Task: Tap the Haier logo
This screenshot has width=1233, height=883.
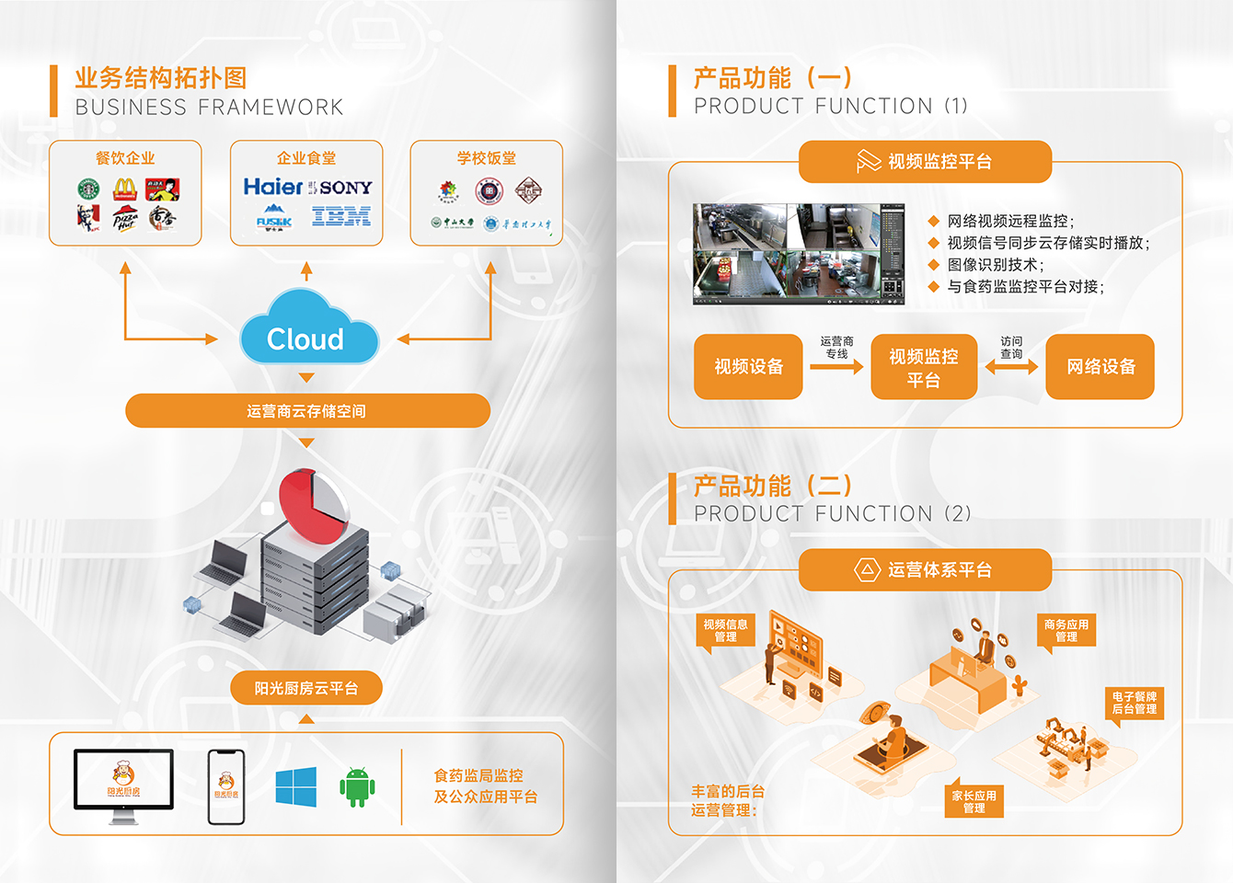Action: click(272, 187)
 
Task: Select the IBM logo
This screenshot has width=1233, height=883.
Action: click(341, 217)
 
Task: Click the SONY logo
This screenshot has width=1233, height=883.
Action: click(346, 188)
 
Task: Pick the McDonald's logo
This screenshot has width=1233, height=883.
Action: click(125, 189)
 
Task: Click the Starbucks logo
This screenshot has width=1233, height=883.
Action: click(88, 189)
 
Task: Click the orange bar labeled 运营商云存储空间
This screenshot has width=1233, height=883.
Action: click(307, 411)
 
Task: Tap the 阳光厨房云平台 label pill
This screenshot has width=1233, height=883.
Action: click(305, 688)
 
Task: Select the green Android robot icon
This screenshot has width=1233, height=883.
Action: click(357, 787)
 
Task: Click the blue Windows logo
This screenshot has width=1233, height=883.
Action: click(296, 787)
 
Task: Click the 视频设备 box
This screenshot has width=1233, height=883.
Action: click(748, 367)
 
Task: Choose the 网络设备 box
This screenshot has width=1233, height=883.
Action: click(1100, 367)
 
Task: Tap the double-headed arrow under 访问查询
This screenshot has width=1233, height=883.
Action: click(1011, 367)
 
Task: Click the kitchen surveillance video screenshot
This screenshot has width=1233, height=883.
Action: click(798, 254)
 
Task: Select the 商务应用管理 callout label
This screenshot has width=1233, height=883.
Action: click(1066, 631)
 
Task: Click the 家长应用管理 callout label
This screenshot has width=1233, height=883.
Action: click(974, 801)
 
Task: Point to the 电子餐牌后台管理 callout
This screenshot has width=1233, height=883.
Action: click(1134, 703)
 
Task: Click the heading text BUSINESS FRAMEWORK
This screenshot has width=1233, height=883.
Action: click(209, 108)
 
